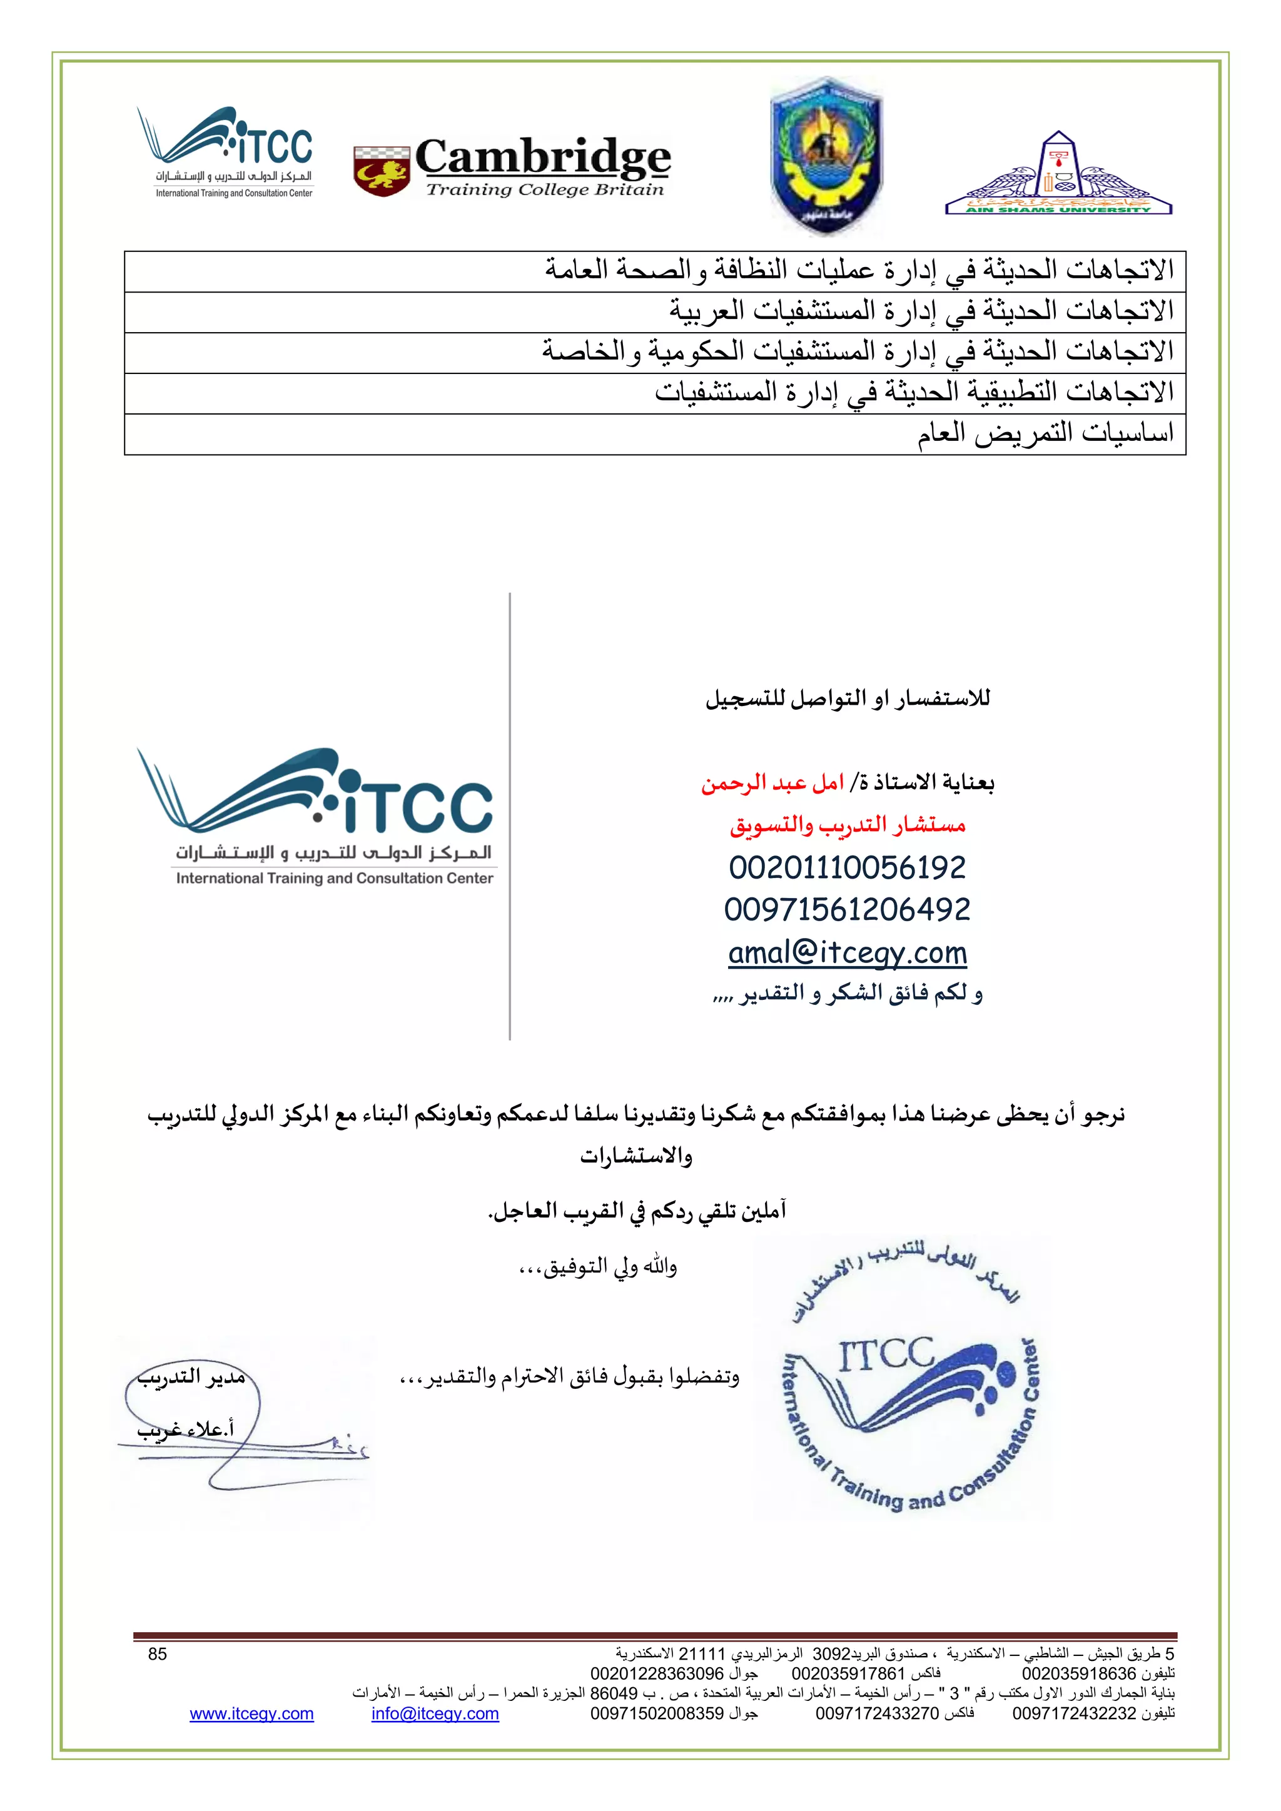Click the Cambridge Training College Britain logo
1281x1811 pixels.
pos(513,167)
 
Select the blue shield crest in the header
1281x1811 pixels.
pos(826,155)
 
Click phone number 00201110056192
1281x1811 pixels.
pos(846,867)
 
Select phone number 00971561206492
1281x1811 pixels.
pos(846,909)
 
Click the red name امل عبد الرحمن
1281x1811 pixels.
pos(771,783)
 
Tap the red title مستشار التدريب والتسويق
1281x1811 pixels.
pos(847,825)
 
